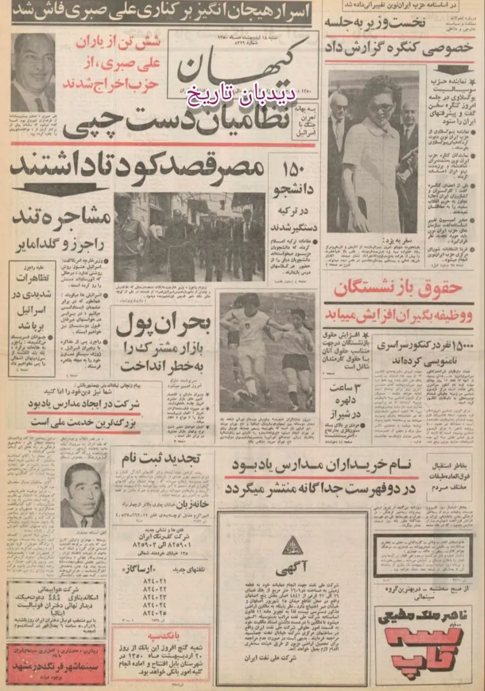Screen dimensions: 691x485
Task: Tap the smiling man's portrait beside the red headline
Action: pos(33,72)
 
